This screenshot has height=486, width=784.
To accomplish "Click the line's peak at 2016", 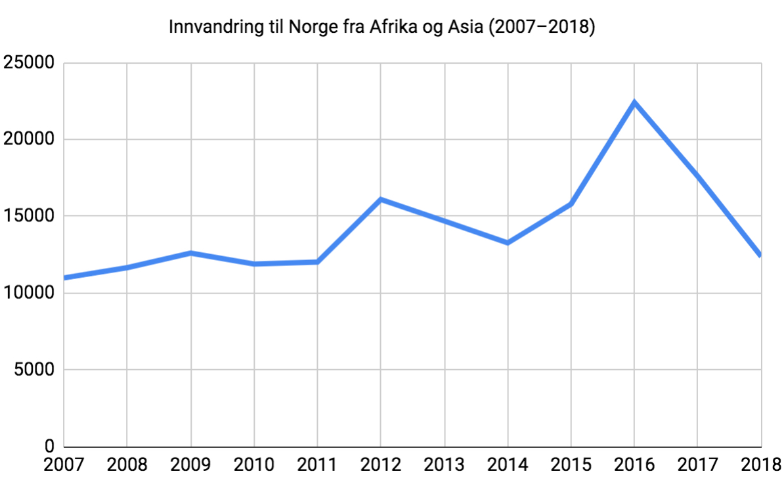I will click(634, 102).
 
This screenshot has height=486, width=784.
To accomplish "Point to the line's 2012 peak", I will click(381, 199).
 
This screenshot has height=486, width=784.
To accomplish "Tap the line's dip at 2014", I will click(508, 243).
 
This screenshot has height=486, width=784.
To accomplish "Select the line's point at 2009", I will click(190, 253).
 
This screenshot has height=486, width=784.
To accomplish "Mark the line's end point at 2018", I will click(760, 255).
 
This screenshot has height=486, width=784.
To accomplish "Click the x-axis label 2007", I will click(64, 465).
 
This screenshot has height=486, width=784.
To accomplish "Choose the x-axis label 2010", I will click(254, 465).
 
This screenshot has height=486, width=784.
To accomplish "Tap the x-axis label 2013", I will click(445, 465).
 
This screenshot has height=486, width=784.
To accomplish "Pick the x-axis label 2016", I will click(634, 465).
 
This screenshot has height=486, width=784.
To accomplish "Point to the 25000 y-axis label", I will click(29, 64).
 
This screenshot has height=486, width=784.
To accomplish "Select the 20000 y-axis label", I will click(29, 140).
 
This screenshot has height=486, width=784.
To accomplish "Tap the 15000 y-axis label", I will click(29, 217).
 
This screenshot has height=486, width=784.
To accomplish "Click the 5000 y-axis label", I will click(34, 370).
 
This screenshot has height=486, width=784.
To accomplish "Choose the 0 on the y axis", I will click(50, 447).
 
